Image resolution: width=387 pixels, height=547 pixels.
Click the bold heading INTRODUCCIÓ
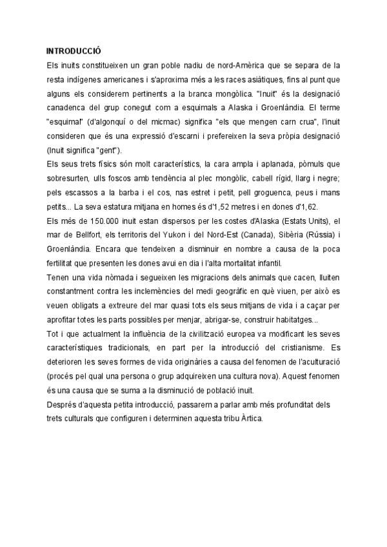(x=74, y=51)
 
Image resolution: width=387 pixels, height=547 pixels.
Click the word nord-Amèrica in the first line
(x=240, y=65)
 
